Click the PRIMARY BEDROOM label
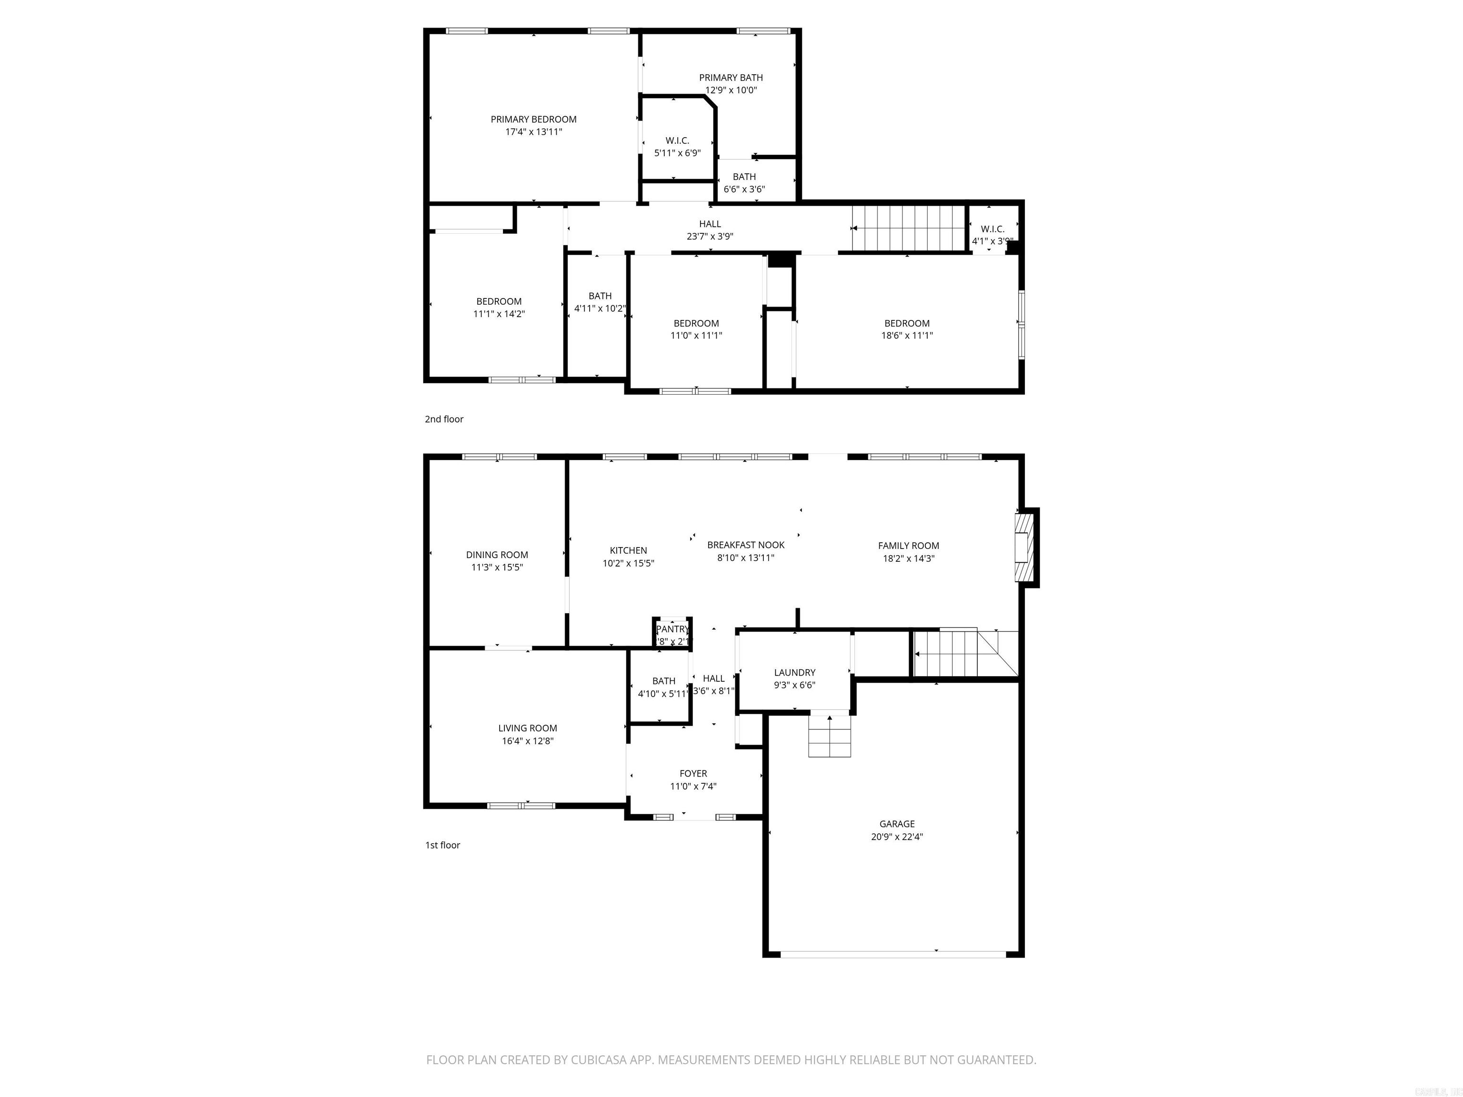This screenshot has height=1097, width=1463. coord(533,119)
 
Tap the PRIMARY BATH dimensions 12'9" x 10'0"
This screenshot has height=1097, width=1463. coord(731,90)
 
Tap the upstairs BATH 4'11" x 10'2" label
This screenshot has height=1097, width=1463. coord(600,296)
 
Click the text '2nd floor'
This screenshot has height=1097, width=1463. coord(444,419)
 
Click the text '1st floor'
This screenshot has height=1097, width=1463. coord(442,845)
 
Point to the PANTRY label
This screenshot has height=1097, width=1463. coord(672,629)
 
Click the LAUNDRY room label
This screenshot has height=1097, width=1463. coord(794,672)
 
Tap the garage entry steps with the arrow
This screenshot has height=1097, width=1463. coord(830,735)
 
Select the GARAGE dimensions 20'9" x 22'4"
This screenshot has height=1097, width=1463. coord(897,837)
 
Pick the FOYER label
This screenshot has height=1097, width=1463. coord(693,774)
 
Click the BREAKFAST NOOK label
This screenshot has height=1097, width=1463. coord(745,545)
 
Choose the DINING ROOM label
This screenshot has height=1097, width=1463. coord(497,555)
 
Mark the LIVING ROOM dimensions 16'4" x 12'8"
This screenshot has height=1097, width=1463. coord(527,740)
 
